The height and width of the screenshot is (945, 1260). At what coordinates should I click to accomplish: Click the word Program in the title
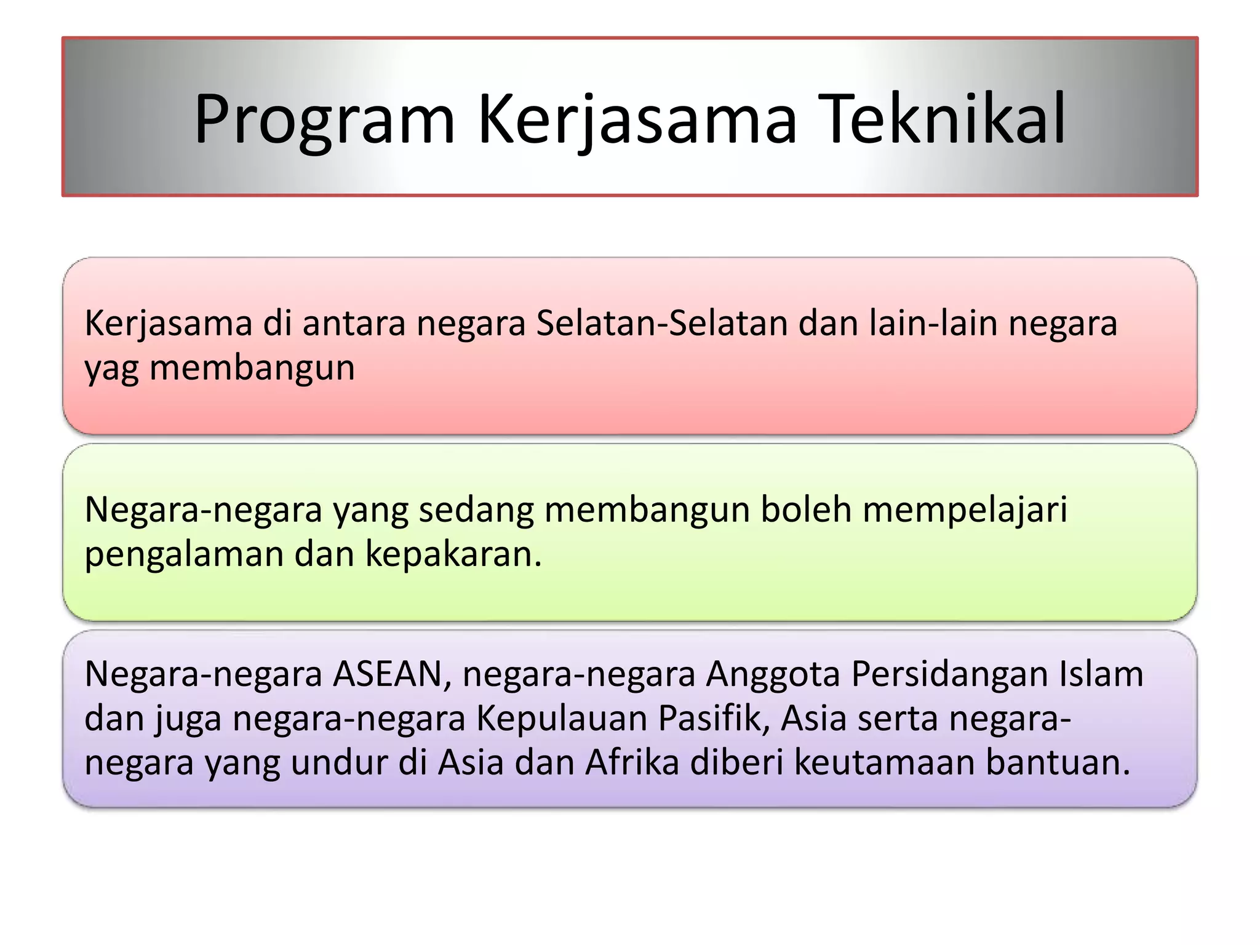[x=324, y=120]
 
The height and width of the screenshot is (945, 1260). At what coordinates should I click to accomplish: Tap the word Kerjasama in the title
[x=637, y=120]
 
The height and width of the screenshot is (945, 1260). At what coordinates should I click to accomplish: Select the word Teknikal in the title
[x=944, y=120]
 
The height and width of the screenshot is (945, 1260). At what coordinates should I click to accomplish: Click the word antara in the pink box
[x=354, y=323]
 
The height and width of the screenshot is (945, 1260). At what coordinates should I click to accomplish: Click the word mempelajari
[x=965, y=509]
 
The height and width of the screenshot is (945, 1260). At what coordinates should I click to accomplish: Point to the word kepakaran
[x=453, y=554]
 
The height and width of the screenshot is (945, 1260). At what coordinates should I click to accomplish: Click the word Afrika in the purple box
[x=632, y=762]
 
